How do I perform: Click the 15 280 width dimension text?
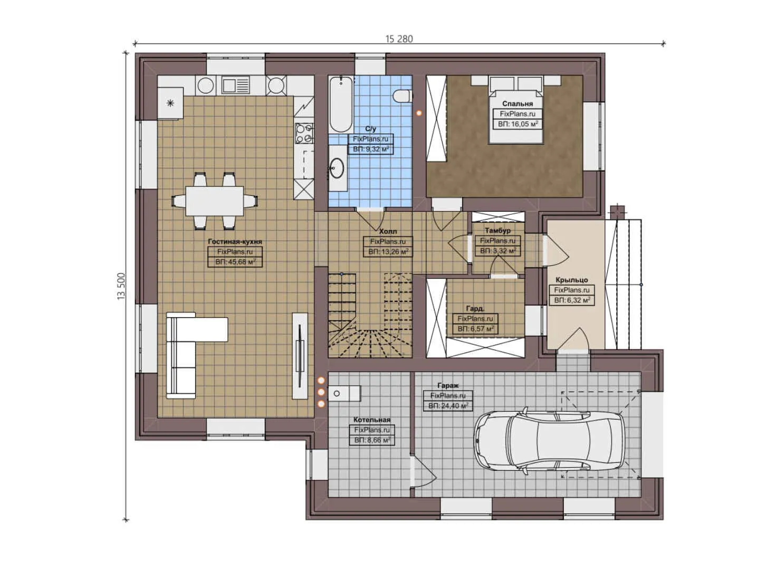(399, 39)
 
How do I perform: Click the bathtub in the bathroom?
(340, 104)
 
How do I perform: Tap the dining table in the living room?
(215, 201)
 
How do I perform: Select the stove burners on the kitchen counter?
(304, 133)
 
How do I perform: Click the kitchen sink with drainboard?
(235, 85)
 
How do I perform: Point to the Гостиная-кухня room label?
(235, 241)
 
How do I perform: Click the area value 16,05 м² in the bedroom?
(517, 124)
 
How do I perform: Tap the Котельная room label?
(372, 420)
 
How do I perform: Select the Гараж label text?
(448, 385)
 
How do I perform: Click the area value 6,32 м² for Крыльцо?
(572, 300)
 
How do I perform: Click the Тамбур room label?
(497, 231)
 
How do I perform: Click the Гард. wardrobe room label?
(475, 308)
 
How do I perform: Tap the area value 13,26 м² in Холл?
(388, 252)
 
